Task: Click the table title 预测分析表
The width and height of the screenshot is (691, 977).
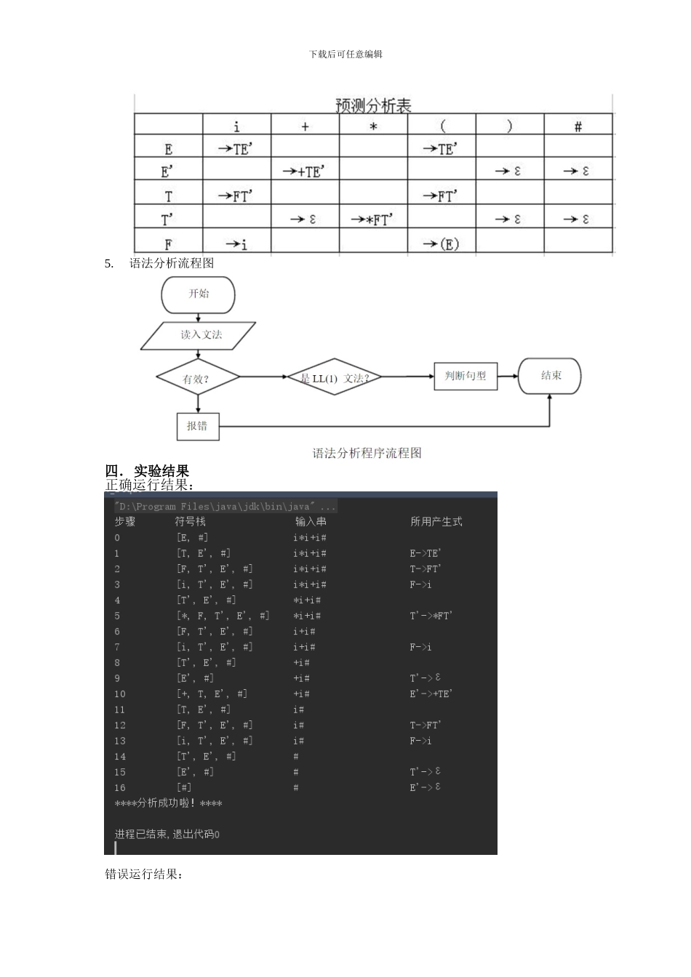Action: pos(373,106)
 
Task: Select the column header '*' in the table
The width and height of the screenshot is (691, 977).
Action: pos(373,127)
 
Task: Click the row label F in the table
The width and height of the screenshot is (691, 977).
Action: pos(168,244)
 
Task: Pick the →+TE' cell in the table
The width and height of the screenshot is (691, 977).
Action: pos(305,172)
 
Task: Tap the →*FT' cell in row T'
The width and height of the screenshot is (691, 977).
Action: pos(373,220)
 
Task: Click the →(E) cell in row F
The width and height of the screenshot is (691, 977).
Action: pos(442,244)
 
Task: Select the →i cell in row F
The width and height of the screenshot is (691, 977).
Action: pos(236,244)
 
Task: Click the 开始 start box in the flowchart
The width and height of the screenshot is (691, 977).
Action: pos(199,294)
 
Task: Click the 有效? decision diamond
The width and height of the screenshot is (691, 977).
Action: pos(197,378)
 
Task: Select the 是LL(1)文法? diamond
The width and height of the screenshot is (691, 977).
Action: pos(334,377)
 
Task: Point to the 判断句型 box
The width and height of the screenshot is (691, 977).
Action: pos(466,376)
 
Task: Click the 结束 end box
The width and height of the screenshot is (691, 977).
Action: pos(550,376)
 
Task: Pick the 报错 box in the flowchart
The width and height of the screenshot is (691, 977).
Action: pos(198,426)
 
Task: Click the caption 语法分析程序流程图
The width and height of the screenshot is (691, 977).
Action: pos(367,454)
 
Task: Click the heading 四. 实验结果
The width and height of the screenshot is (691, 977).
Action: pos(148,472)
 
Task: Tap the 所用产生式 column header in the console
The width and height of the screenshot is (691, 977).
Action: pos(436,521)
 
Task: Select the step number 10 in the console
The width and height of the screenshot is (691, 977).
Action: pos(120,694)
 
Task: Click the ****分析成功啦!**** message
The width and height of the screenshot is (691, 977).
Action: pos(169,803)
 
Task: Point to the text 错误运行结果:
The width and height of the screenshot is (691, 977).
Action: pos(144,874)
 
